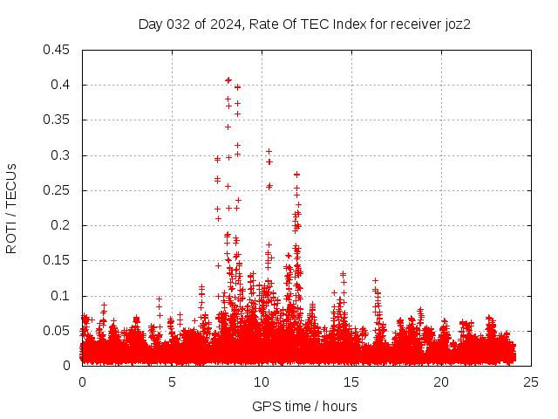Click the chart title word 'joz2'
(457, 24)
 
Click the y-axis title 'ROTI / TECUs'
(11, 208)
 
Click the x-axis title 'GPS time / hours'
(304, 406)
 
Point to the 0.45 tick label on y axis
(58, 50)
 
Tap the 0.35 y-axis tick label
(58, 120)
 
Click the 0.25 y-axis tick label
(58, 190)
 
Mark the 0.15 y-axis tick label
(58, 260)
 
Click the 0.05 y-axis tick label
(58, 331)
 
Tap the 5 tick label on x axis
(172, 381)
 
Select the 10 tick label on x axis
(262, 381)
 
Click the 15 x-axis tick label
(351, 381)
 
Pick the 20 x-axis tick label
(441, 381)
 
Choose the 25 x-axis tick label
(531, 381)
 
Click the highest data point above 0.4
(228, 79)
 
